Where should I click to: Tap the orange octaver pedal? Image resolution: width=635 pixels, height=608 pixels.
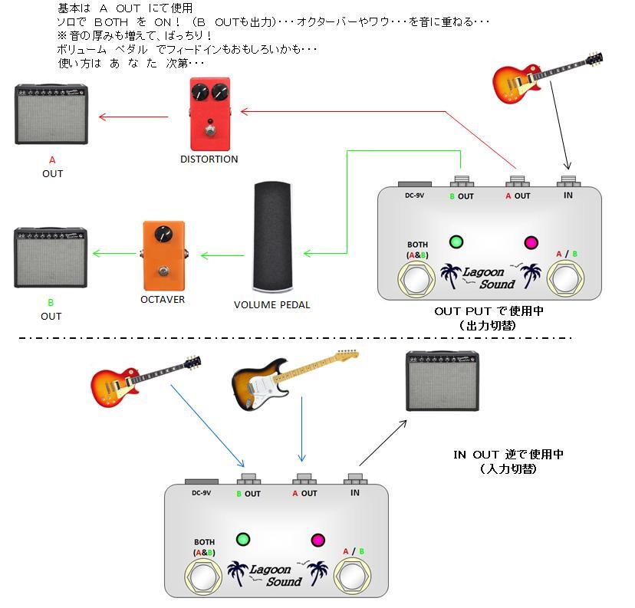[x=163, y=251]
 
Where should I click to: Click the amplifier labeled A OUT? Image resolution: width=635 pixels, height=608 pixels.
[x=51, y=115]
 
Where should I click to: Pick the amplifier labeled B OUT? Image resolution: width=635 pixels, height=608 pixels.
[x=51, y=258]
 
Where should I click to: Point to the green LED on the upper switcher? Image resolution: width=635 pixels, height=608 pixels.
[x=456, y=242]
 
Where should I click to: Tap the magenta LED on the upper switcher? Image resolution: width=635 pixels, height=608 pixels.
[x=530, y=243]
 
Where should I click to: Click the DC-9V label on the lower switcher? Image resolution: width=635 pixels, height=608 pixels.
[x=202, y=493]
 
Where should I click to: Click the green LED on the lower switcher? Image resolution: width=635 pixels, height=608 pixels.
[x=244, y=538]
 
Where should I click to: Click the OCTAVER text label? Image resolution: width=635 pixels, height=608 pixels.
[x=163, y=300]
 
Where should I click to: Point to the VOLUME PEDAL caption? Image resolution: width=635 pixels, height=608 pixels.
[x=272, y=305]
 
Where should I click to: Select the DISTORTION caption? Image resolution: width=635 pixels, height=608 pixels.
[x=209, y=159]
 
